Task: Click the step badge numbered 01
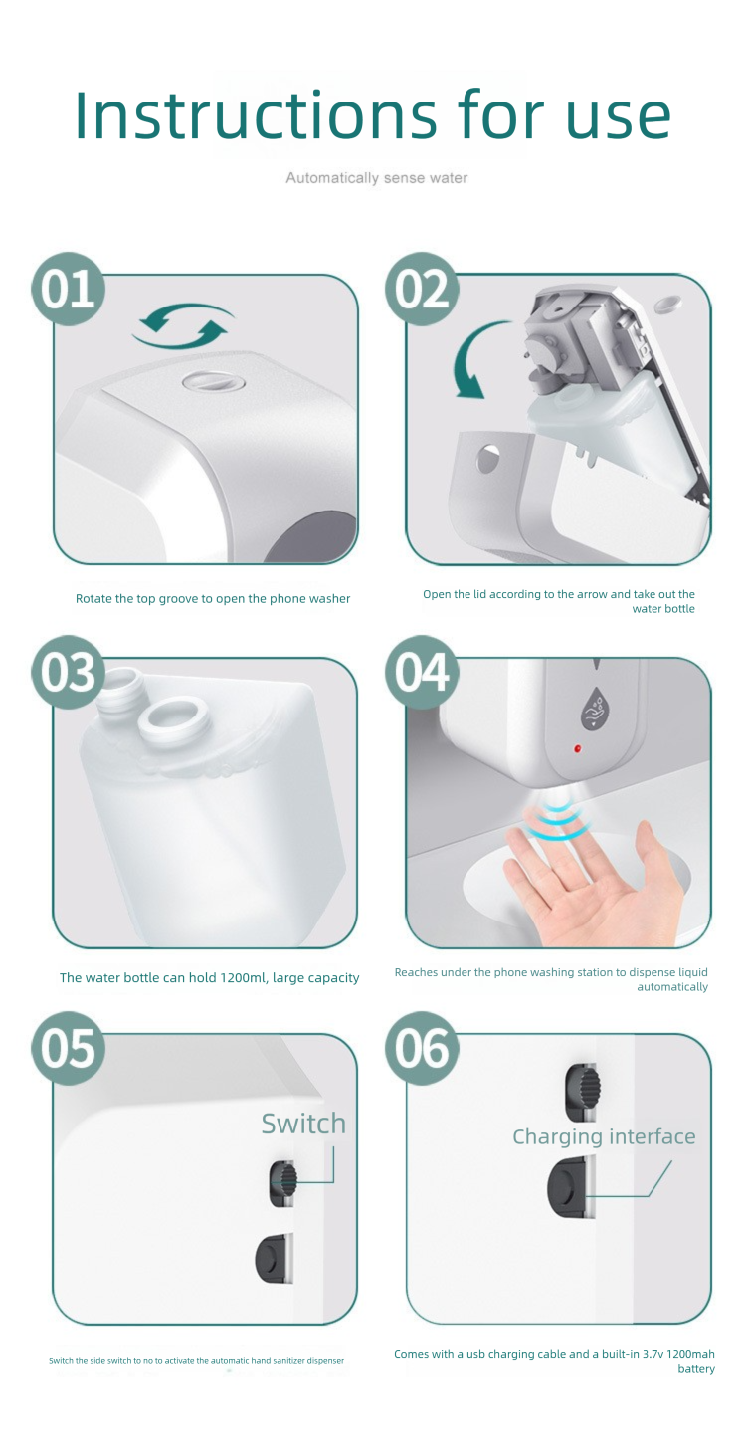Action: [68, 290]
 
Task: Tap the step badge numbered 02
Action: [422, 290]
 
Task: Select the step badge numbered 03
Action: [68, 672]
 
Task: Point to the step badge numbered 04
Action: [422, 672]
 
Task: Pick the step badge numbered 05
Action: [68, 1048]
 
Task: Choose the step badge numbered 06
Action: [422, 1048]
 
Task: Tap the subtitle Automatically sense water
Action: [377, 178]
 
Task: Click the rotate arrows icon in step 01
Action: [183, 325]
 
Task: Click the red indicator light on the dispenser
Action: [577, 748]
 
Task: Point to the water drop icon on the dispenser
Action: [596, 709]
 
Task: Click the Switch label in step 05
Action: [303, 1124]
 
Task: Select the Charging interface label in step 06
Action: [604, 1136]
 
